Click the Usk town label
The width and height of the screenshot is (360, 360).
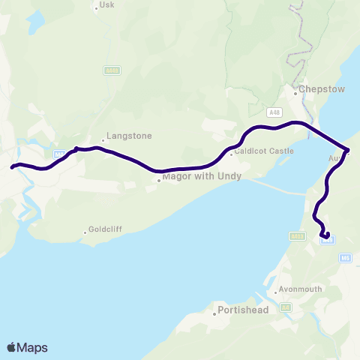105,7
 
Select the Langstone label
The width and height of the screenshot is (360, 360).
129,136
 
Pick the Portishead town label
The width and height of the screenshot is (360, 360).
238,309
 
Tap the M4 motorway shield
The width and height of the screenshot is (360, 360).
60,155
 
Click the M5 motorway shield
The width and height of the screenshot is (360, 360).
345,258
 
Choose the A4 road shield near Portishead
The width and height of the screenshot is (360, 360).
285,307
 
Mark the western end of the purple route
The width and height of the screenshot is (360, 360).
13,167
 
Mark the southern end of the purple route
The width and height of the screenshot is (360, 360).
326,236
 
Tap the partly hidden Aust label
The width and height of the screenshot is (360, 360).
334,159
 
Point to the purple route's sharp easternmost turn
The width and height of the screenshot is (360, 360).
347,149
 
